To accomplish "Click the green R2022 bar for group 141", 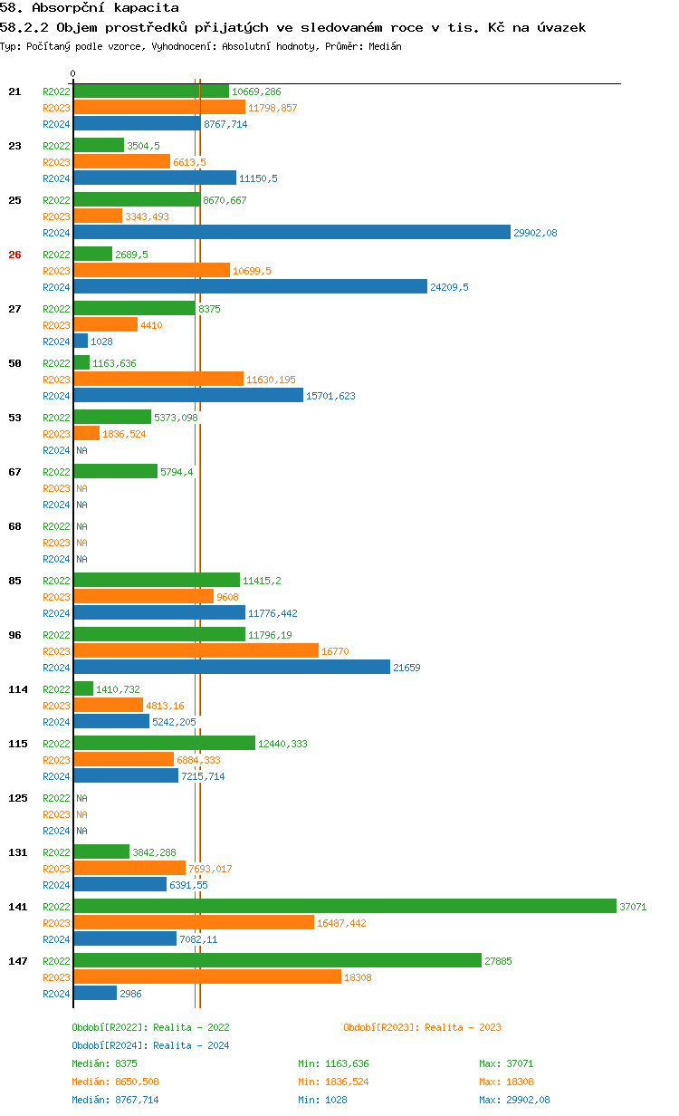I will (344, 906).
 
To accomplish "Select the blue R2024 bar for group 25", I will (292, 232).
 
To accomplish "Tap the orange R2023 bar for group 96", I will (196, 650).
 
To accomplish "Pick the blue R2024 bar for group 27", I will (81, 341).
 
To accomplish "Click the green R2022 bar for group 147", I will (277, 960).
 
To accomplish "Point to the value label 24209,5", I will (449, 287).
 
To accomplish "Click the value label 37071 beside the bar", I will (633, 907).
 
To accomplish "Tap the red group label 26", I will (14, 255).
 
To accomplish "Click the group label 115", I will (17, 744).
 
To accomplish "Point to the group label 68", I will (14, 526).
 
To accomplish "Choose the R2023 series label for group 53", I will (56, 434).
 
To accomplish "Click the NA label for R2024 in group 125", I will (81, 831).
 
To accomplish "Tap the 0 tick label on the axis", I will (73, 74).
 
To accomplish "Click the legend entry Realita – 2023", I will (422, 1027).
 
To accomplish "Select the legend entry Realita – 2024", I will (150, 1045).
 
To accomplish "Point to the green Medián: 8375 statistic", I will (104, 1063).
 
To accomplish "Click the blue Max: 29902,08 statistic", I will (514, 1100).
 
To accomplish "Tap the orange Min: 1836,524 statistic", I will (333, 1082).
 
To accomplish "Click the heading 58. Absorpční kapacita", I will (89, 7).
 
